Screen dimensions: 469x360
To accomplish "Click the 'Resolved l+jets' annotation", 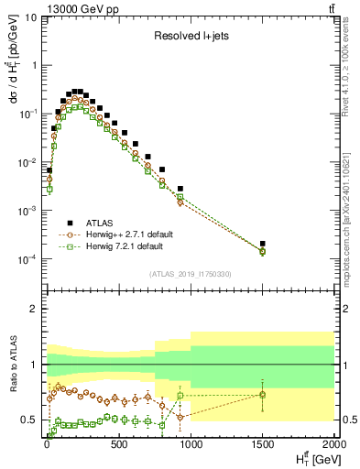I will click(190, 37).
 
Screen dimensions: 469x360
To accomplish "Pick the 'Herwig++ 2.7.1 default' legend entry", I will click(119, 234).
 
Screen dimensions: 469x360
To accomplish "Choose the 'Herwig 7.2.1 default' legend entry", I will click(115, 246).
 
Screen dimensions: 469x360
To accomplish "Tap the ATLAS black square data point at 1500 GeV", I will click(263, 244).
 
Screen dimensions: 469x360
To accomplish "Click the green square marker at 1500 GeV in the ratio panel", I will click(263, 395).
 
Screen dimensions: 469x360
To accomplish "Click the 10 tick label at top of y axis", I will click(30, 17).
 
